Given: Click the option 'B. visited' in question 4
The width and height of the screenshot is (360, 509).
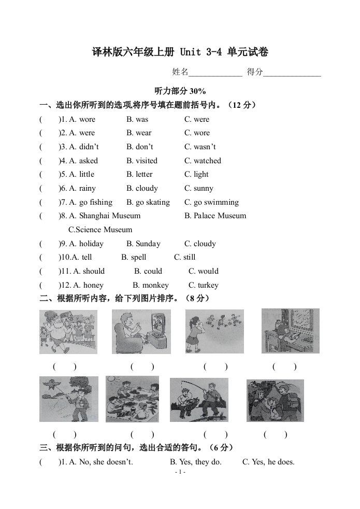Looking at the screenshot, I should click(141, 161).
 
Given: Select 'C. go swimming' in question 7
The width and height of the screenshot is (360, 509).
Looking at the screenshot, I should click(211, 202).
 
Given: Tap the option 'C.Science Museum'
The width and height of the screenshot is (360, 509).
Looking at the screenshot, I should click(100, 230).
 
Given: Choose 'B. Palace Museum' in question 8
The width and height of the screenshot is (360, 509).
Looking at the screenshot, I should click(215, 216).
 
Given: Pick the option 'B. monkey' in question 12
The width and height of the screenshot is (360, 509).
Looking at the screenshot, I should click(150, 285).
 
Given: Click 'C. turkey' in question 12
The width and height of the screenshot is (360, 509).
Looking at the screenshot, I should click(203, 285).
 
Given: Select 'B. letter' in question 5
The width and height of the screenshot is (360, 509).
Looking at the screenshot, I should click(139, 174).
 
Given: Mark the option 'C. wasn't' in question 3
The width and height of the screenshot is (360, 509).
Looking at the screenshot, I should click(200, 147).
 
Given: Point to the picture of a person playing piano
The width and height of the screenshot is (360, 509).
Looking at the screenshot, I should click(290, 331).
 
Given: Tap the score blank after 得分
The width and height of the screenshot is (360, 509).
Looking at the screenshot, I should click(292, 73).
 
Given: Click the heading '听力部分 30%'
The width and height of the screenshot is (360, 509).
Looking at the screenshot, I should click(180, 91).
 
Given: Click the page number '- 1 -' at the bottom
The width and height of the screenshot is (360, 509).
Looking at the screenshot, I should click(180, 472).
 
